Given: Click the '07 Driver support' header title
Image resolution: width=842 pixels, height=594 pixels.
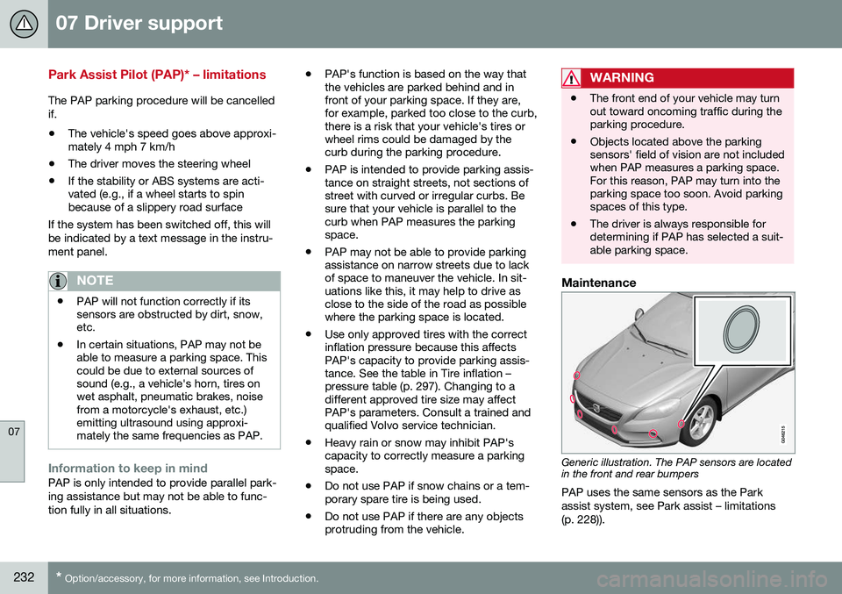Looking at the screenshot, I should (x=139, y=23).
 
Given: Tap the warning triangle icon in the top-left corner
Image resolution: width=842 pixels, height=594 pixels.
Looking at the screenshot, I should (x=23, y=23).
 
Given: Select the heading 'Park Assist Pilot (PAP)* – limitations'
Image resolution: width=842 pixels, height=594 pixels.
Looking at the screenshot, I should (x=156, y=75).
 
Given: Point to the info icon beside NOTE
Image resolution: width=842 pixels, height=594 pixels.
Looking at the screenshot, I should (x=60, y=281).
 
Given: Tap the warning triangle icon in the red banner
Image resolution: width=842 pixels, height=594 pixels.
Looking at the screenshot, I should (x=573, y=78).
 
